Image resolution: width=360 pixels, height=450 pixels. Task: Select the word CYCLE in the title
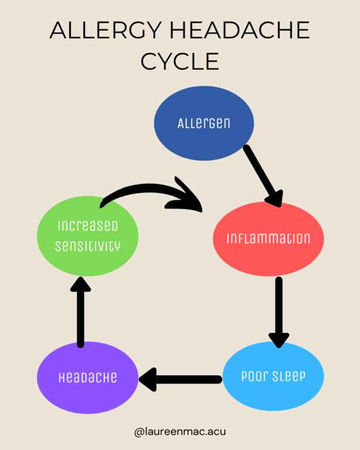pos(180,61)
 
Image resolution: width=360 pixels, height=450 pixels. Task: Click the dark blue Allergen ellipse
pos(204,123)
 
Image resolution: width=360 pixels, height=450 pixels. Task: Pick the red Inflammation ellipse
pos(268,238)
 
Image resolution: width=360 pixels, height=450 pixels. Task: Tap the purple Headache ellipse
pos(87,376)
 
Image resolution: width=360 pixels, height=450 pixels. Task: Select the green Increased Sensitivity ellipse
pos(87,236)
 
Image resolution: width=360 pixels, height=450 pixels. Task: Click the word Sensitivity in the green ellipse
pos(87,246)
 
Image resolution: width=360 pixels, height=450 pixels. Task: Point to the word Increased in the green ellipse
pos(87,226)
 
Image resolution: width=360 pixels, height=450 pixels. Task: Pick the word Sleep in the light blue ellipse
pos(289,376)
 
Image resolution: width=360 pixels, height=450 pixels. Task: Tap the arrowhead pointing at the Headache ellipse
pos(149,380)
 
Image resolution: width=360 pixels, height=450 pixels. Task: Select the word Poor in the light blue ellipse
pos(254,376)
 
